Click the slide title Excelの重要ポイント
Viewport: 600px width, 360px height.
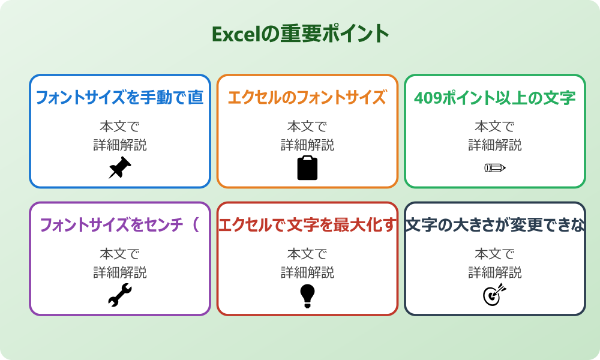[x=300, y=34]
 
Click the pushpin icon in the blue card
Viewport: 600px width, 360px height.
[x=119, y=168]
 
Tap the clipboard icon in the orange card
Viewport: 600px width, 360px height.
[x=307, y=168]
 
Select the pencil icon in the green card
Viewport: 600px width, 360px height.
[x=495, y=167]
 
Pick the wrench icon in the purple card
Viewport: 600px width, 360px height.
[x=119, y=295]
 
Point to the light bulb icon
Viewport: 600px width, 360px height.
[x=307, y=295]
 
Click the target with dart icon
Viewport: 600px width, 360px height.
[x=495, y=295]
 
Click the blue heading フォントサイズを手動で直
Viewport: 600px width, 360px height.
[x=119, y=98]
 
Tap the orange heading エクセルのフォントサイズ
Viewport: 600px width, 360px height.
[x=307, y=98]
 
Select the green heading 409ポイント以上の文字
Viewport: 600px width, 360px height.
[x=495, y=98]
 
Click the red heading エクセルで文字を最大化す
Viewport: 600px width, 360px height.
[x=307, y=225]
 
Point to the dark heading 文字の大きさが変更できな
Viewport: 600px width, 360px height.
[x=495, y=225]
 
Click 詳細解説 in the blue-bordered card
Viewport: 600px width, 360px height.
[x=119, y=145]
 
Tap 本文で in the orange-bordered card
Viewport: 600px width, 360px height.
[x=307, y=127]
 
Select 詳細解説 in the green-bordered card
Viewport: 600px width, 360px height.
[x=495, y=145]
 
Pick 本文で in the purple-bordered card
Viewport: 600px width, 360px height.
[x=119, y=254]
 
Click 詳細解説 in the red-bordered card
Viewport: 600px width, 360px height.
[x=307, y=272]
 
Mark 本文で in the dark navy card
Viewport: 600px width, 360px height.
[x=495, y=254]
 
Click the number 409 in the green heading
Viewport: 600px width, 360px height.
[x=428, y=98]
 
